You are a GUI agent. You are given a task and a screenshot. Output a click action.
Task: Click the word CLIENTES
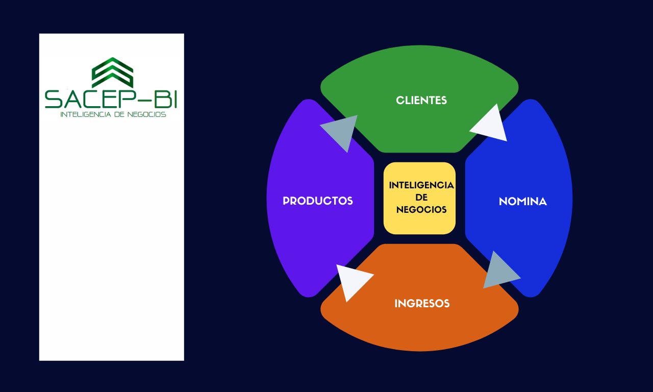pos(421,101)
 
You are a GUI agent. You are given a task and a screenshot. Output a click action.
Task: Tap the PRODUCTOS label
pos(318,201)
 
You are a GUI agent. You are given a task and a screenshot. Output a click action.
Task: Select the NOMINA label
pos(523,201)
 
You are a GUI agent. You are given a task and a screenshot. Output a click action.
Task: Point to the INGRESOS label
pos(422,304)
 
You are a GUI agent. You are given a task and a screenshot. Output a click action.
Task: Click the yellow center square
pos(419,199)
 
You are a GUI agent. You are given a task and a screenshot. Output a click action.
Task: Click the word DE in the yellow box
pos(421,198)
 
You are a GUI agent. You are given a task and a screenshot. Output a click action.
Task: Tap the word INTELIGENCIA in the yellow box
pos(421,185)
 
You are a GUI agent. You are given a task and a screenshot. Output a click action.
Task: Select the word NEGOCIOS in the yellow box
pos(421,210)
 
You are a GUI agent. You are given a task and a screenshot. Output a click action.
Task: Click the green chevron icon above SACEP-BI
pos(113,72)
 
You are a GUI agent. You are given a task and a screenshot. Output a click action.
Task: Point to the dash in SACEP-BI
pos(145,100)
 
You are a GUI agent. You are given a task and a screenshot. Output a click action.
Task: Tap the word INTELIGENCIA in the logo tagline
pos(86,114)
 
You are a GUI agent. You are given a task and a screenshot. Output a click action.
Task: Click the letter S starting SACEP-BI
pos(54,99)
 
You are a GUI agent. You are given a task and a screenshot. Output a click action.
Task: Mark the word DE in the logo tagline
pos(119,114)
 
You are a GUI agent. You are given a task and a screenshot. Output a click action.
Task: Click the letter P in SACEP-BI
pos(129,99)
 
